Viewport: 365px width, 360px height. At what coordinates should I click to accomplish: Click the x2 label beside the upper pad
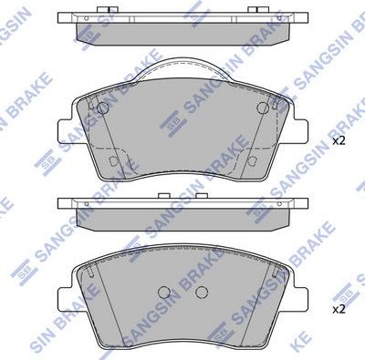pyautogui.click(x=339, y=141)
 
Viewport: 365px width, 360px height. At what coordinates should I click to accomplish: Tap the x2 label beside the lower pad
pyautogui.click(x=339, y=309)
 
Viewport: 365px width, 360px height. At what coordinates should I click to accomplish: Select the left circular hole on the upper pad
pyautogui.click(x=103, y=108)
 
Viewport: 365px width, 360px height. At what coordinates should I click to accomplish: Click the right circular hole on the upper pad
pyautogui.click(x=263, y=108)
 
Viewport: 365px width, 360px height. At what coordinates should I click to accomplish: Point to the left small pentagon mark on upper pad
pyautogui.click(x=112, y=161)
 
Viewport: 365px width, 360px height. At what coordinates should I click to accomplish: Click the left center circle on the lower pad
pyautogui.click(x=165, y=293)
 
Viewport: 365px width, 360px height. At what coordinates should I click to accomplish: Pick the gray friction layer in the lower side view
pyautogui.click(x=182, y=218)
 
